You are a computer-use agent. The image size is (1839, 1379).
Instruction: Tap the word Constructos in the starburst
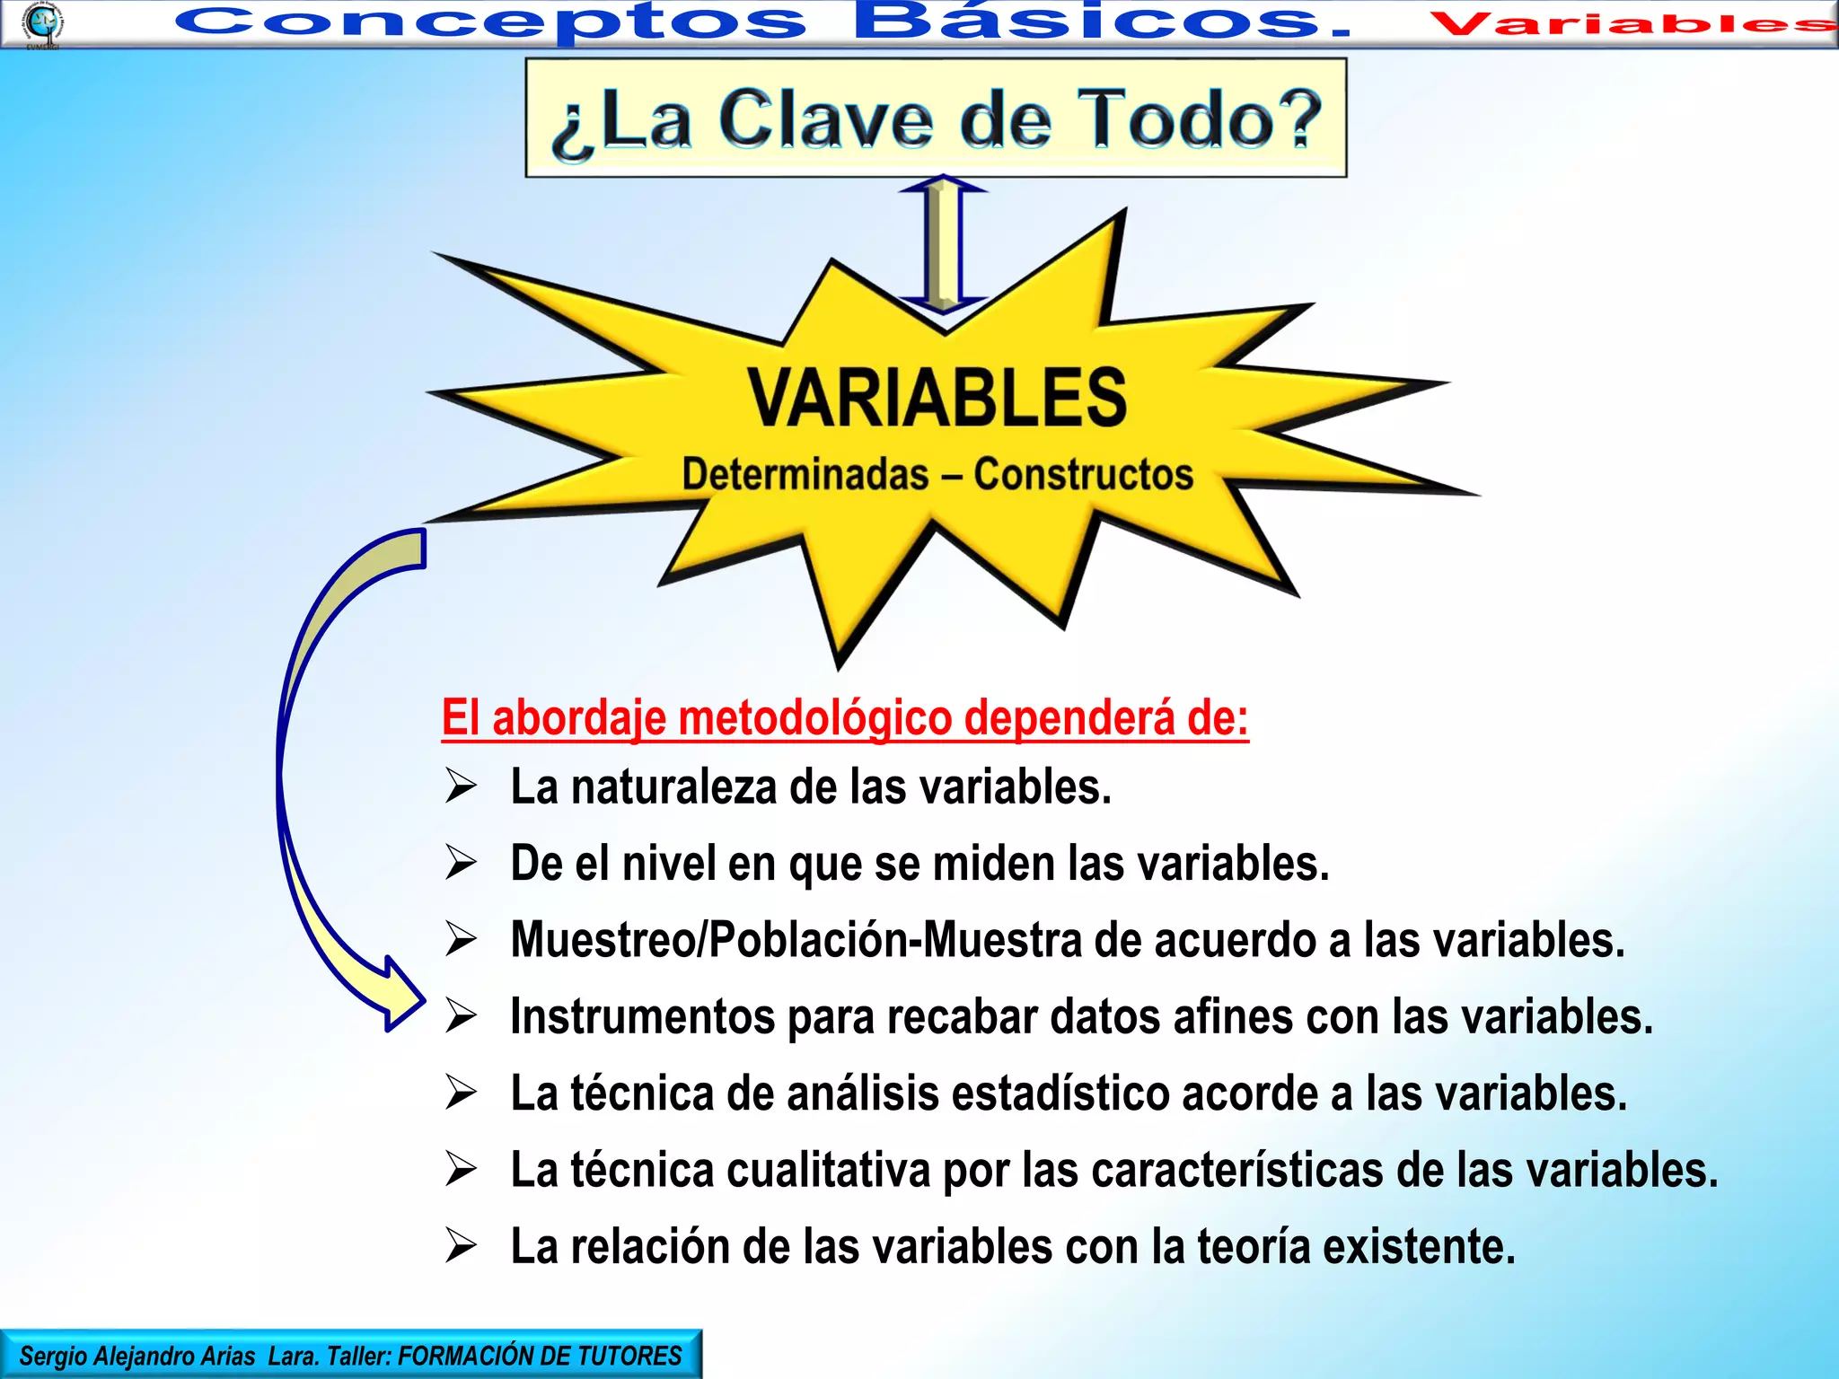(x=1084, y=474)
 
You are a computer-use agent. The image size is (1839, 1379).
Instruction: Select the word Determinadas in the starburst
(x=805, y=474)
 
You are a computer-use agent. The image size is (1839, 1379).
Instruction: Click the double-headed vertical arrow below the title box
(x=943, y=244)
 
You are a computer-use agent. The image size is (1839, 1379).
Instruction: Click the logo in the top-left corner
(x=41, y=23)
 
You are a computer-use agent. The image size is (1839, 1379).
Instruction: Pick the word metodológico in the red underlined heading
(x=815, y=719)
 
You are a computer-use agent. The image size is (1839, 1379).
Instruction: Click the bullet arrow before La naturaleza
(x=461, y=786)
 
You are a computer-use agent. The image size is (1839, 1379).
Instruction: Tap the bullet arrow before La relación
(x=461, y=1247)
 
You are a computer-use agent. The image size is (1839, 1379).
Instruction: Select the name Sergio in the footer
(x=54, y=1356)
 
